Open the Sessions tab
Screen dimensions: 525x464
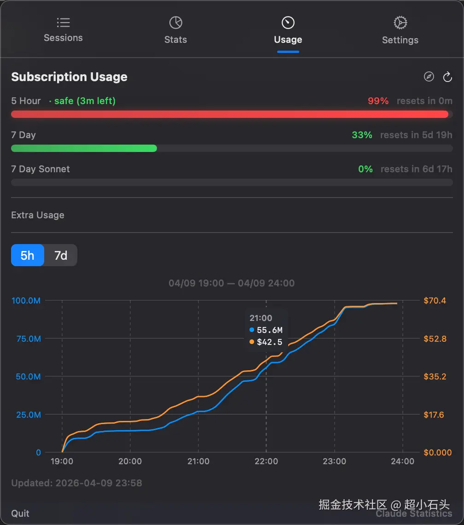tap(63, 30)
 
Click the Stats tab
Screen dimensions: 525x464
tap(176, 30)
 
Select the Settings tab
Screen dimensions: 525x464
tap(400, 30)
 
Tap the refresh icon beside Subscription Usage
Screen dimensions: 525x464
tap(447, 77)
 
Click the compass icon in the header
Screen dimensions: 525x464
tap(429, 77)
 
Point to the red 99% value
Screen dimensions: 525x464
tap(378, 101)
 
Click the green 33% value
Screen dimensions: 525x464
tap(362, 135)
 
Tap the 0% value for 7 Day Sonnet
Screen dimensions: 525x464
tap(365, 169)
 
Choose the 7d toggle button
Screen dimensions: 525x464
tap(61, 255)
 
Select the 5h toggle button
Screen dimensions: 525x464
tap(28, 255)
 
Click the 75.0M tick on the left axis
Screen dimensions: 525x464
tap(26, 339)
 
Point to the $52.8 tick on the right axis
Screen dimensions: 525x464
tap(435, 339)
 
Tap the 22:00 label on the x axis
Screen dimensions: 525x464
tap(266, 461)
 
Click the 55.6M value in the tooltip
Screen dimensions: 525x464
tap(269, 330)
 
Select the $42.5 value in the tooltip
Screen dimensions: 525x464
tap(269, 342)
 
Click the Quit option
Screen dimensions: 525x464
tap(20, 513)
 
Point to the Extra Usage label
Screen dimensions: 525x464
tap(38, 215)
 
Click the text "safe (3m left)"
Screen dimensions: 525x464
tap(85, 101)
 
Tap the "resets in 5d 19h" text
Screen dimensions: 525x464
tap(416, 135)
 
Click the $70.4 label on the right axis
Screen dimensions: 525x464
tap(435, 301)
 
